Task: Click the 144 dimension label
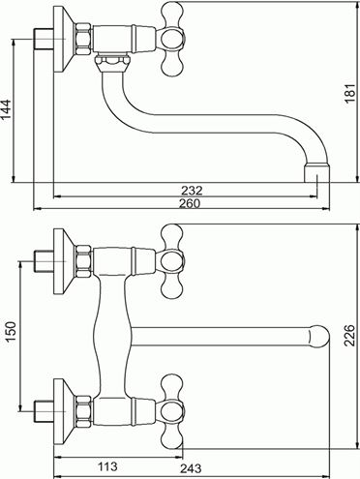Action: tap(7, 109)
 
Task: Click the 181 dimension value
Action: tap(350, 93)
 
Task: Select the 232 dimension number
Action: tap(192, 191)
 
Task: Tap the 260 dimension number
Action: tap(190, 203)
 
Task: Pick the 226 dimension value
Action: tap(349, 336)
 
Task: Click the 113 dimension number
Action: tap(107, 466)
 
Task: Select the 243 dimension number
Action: tap(191, 468)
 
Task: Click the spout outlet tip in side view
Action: tap(317, 173)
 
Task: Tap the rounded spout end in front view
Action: tap(318, 337)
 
